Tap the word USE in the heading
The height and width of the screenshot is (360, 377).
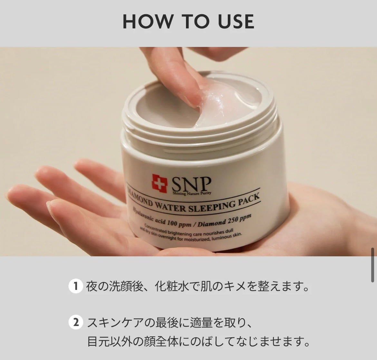pos(236,21)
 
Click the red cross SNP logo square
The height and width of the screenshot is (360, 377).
pos(159,184)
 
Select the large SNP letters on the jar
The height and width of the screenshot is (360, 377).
pos(191,185)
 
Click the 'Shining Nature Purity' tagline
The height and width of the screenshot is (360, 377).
pos(192,193)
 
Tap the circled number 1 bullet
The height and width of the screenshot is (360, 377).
pos(75,286)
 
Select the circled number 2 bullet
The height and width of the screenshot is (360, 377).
pos(75,322)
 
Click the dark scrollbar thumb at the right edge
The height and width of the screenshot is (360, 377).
pos(372,265)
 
